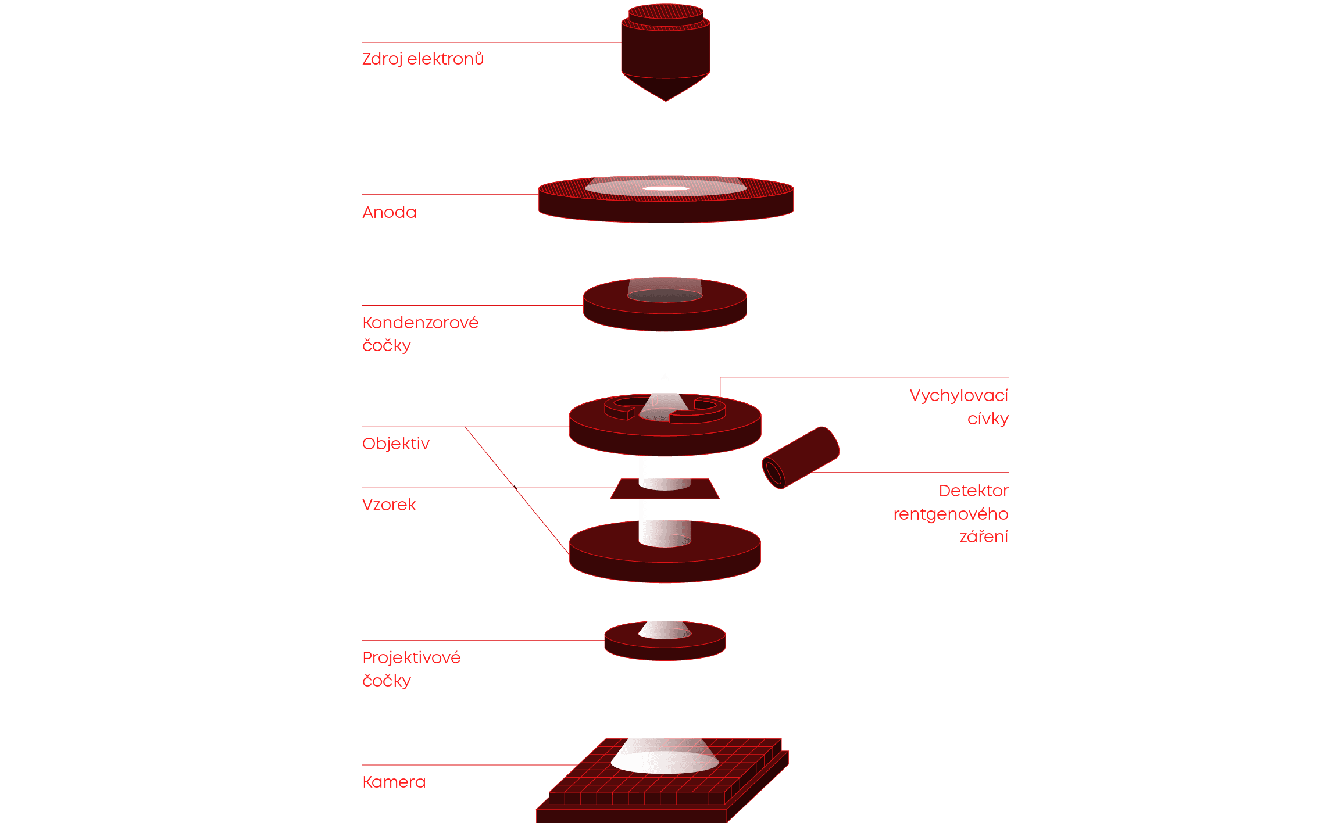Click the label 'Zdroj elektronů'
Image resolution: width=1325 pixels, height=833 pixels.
tap(423, 59)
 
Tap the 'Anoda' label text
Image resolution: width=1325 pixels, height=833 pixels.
tap(390, 213)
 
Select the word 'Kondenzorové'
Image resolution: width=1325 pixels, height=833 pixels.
tap(420, 323)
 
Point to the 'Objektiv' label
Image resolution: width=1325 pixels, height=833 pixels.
tap(395, 444)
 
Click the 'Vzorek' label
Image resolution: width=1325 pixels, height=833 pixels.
tap(389, 505)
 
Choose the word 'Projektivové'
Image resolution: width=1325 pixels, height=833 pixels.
tap(412, 658)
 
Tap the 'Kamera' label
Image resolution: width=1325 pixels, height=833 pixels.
tap(394, 782)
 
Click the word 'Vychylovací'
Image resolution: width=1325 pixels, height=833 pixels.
tap(959, 396)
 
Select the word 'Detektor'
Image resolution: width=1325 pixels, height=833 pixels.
tap(973, 491)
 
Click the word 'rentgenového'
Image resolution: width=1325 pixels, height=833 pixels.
tap(951, 514)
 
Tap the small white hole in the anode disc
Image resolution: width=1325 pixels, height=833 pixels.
tap(666, 188)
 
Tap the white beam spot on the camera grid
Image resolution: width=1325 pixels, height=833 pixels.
tap(665, 762)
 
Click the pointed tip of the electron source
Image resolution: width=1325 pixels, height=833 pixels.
tap(666, 100)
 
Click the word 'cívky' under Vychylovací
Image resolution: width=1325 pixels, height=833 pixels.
tap(988, 419)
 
